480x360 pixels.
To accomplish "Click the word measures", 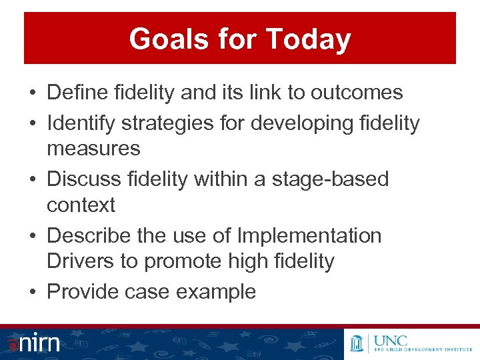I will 93,148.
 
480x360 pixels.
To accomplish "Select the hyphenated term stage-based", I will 330,179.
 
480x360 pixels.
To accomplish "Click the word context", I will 81,205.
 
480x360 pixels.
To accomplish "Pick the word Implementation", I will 309,235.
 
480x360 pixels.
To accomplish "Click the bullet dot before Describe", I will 33,236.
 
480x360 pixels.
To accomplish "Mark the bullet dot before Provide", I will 33,292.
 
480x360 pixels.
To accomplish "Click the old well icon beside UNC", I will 359,343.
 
